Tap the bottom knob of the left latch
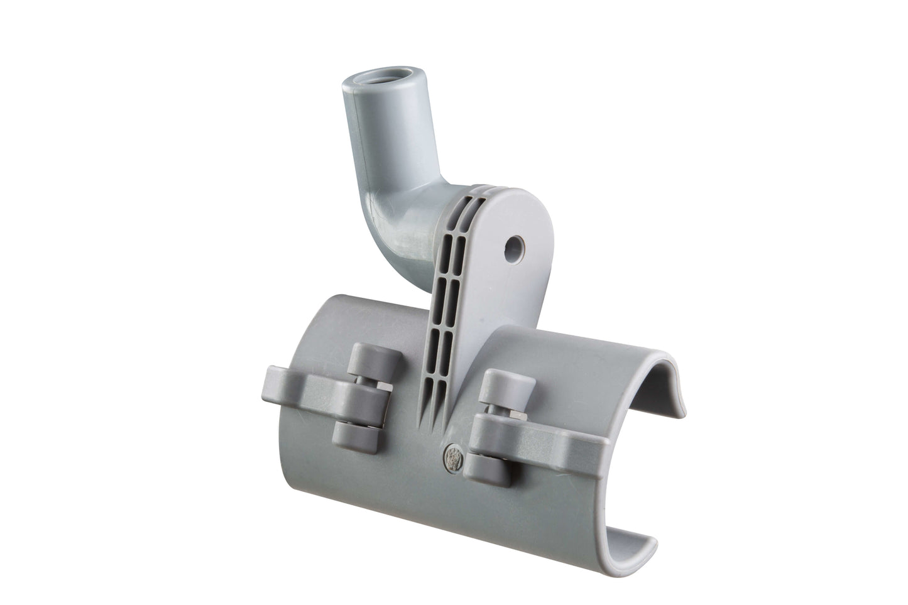click(x=351, y=433)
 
